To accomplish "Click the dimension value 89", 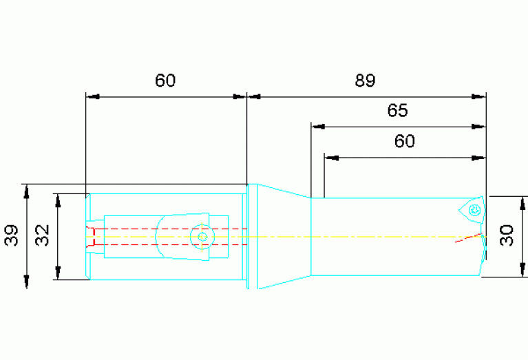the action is (x=365, y=81).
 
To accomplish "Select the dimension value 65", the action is (x=397, y=110).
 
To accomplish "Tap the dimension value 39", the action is (x=12, y=235).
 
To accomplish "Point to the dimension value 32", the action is (x=43, y=235).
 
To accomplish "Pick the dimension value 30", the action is (x=507, y=235).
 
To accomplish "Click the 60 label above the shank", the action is (x=165, y=81).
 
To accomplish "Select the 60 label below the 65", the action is (x=404, y=141).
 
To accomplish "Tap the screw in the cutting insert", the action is (x=475, y=211).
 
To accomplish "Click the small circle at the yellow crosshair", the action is (x=202, y=237).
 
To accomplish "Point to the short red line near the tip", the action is (x=468, y=237).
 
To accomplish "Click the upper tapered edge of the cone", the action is (x=284, y=191).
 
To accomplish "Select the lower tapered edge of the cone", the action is (x=284, y=282).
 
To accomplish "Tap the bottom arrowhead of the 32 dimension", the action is (x=58, y=273).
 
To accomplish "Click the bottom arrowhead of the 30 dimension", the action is (x=522, y=270).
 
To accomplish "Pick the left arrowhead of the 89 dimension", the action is (x=254, y=96).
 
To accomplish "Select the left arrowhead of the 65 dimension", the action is (x=318, y=127).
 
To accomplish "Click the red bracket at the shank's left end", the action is (x=91, y=237).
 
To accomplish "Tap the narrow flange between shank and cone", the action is (x=248, y=236).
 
